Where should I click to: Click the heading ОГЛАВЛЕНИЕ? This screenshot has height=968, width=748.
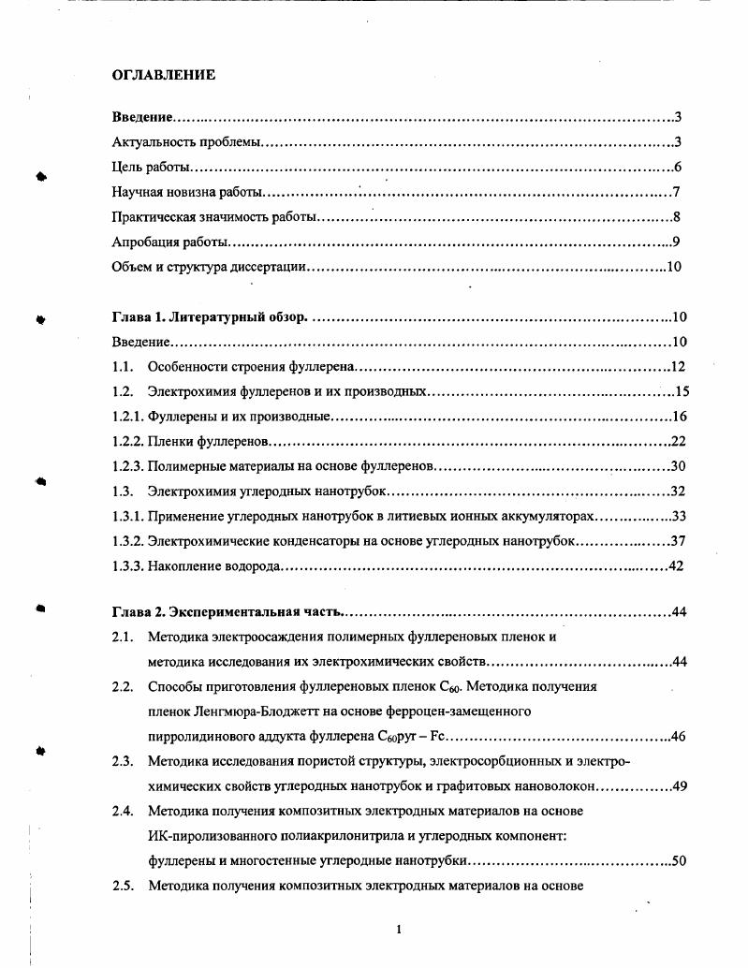tap(164, 75)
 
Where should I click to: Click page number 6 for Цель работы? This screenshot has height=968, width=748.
tap(677, 168)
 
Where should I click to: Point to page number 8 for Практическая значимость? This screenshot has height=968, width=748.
tap(676, 218)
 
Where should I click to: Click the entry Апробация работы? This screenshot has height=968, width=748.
tap(169, 242)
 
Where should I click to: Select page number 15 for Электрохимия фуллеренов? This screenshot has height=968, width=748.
tap(682, 391)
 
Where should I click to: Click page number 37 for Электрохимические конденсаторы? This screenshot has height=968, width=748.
tap(679, 541)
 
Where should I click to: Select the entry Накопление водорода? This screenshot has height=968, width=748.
tap(214, 565)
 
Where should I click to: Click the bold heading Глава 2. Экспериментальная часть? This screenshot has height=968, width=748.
tap(227, 612)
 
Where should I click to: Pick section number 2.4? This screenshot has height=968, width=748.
tap(122, 811)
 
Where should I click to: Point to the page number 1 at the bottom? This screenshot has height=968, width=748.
tap(399, 929)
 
